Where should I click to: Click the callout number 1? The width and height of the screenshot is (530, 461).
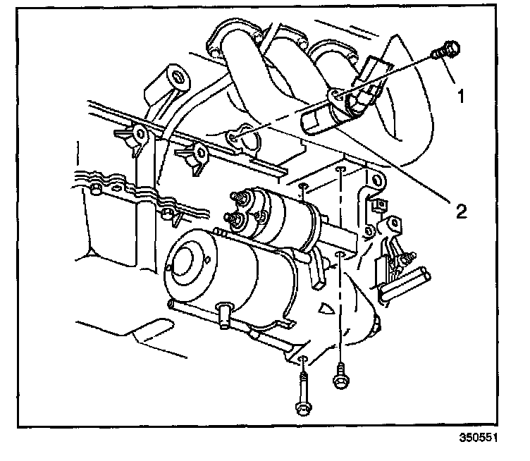coord(461,96)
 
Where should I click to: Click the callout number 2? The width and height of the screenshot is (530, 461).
coord(460,211)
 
